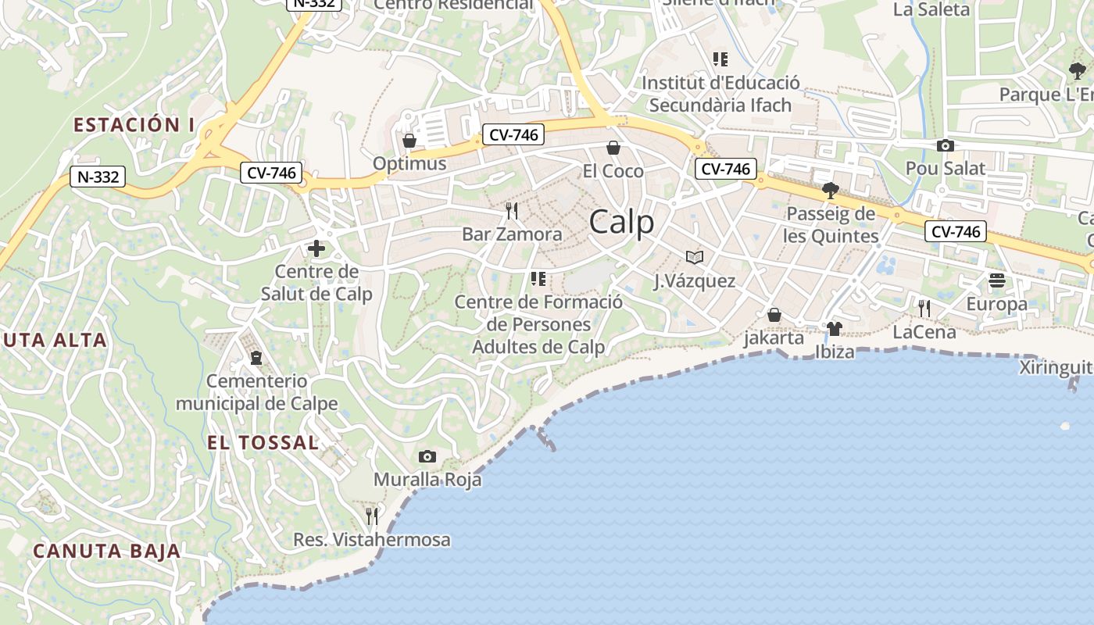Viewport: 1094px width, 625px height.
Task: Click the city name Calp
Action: click(x=621, y=223)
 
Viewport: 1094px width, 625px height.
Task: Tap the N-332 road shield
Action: click(x=98, y=177)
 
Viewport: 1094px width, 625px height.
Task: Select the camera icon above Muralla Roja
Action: click(x=427, y=456)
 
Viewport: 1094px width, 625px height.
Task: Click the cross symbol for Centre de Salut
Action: click(x=316, y=249)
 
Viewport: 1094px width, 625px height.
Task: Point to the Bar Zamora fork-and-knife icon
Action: click(x=512, y=211)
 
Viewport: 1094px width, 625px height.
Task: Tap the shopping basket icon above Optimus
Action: click(x=409, y=141)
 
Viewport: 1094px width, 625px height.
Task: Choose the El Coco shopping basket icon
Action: click(x=613, y=148)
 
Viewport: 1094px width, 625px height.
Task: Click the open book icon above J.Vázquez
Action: click(x=694, y=257)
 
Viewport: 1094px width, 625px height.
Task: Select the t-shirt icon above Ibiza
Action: click(x=835, y=328)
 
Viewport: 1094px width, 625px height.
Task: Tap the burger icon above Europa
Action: click(x=996, y=280)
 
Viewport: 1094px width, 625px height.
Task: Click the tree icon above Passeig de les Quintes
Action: click(x=831, y=191)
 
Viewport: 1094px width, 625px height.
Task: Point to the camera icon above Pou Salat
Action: click(x=945, y=145)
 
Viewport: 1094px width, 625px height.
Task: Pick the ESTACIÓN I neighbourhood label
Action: click(x=134, y=124)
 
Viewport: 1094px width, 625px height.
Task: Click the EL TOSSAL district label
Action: click(x=263, y=443)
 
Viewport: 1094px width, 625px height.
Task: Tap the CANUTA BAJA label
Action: click(x=106, y=551)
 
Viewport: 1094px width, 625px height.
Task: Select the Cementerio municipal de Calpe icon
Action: click(x=256, y=358)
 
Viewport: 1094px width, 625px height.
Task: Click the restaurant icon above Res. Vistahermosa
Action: click(x=372, y=516)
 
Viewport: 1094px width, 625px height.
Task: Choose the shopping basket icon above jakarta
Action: click(x=774, y=315)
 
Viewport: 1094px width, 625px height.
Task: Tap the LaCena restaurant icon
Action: click(x=924, y=309)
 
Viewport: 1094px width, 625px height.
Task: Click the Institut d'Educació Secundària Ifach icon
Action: click(x=720, y=59)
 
